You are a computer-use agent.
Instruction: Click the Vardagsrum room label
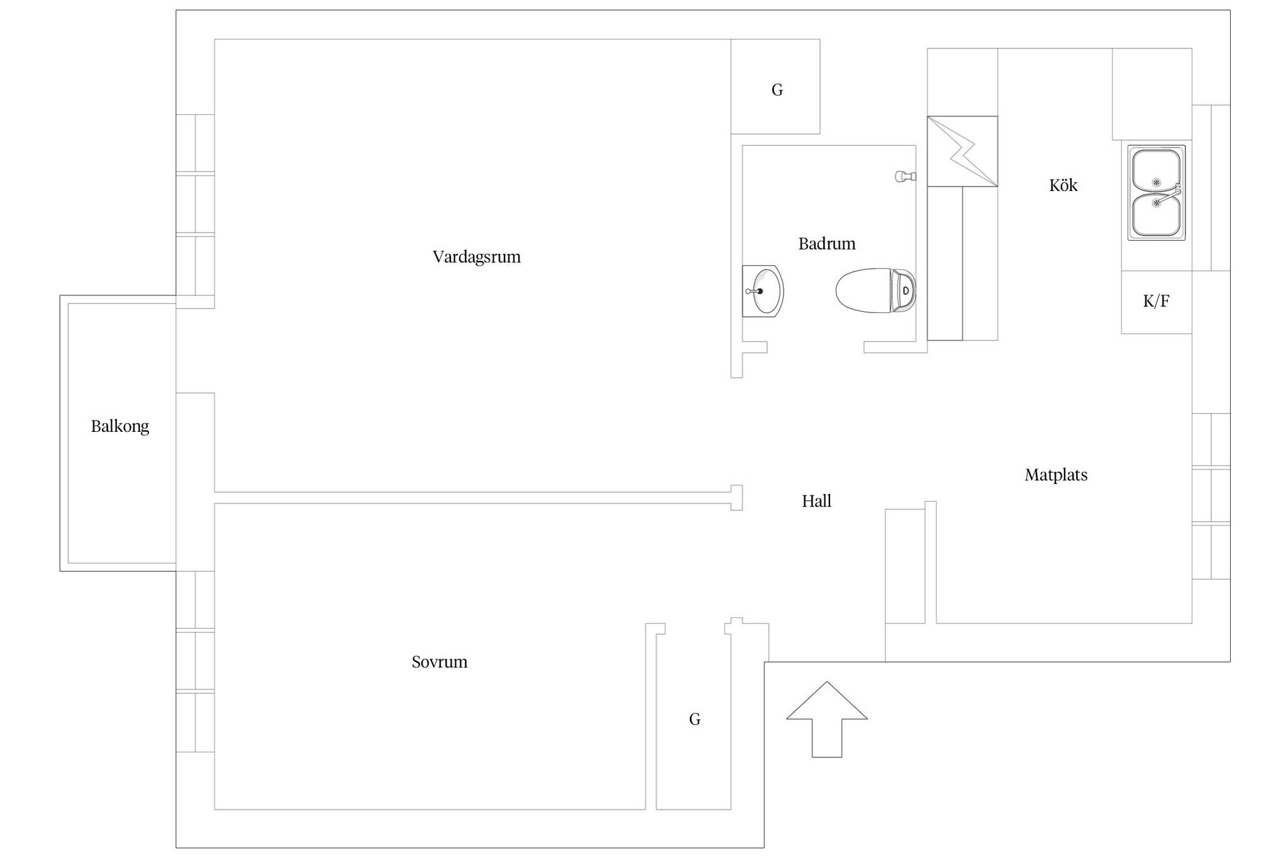tap(476, 257)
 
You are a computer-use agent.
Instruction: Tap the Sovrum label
tap(440, 662)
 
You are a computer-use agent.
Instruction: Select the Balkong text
tap(120, 427)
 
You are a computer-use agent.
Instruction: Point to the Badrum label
tap(827, 244)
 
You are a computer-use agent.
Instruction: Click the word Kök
tap(1063, 185)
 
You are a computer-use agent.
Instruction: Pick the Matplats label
tap(1056, 475)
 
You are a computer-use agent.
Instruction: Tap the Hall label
tap(816, 501)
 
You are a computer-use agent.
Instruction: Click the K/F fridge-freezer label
tap(1156, 301)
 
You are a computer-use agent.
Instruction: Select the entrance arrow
tap(827, 719)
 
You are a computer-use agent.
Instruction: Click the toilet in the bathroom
tap(875, 290)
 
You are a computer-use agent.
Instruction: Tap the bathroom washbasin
tap(762, 291)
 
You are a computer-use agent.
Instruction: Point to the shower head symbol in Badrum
tap(906, 177)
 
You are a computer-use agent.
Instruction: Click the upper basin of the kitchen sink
tap(1156, 170)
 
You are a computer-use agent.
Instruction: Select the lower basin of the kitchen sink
tap(1156, 215)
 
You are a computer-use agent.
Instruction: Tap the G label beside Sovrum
tap(694, 719)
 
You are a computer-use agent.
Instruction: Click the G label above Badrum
tap(777, 90)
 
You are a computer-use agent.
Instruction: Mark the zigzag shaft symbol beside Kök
tap(962, 151)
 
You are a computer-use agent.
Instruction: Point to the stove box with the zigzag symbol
tap(962, 151)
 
